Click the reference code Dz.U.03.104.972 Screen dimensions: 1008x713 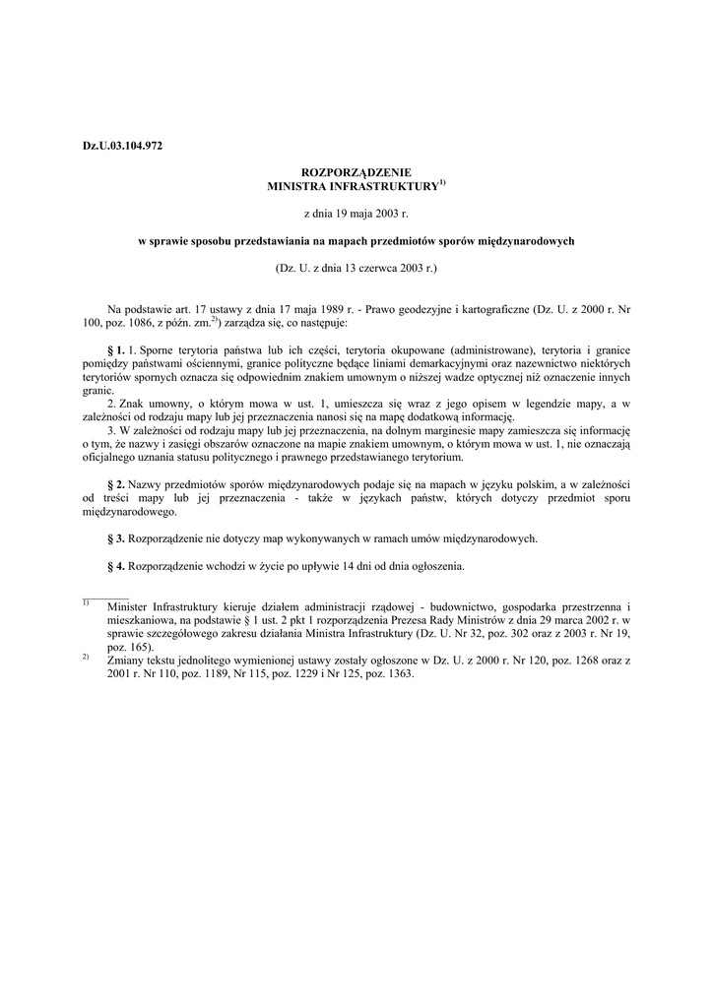pos(122,146)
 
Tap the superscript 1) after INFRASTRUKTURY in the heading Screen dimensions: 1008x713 pos(442,181)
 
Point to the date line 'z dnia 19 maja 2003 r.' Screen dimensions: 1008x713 pos(356,212)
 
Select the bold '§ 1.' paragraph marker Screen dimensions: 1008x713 pos(116,349)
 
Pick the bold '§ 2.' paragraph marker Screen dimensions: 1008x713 pos(116,485)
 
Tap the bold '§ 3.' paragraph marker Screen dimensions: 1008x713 pos(116,538)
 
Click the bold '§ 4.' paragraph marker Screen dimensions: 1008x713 pos(116,566)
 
